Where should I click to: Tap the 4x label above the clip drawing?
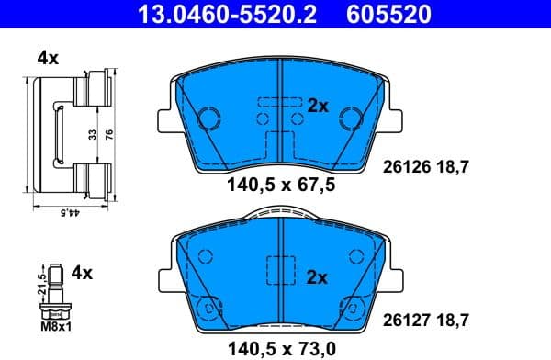click(x=48, y=58)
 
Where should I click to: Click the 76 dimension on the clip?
click(x=109, y=133)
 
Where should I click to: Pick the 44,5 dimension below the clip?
click(x=66, y=212)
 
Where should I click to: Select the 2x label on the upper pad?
click(x=318, y=106)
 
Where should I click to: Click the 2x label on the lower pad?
click(x=318, y=275)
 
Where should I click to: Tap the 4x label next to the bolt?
click(x=83, y=272)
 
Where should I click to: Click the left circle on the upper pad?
click(x=209, y=118)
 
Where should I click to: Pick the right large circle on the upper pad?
click(x=350, y=118)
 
